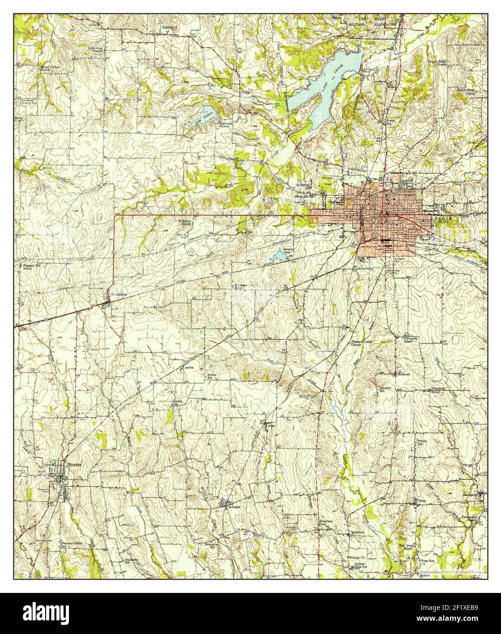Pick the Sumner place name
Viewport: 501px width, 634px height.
169,28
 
